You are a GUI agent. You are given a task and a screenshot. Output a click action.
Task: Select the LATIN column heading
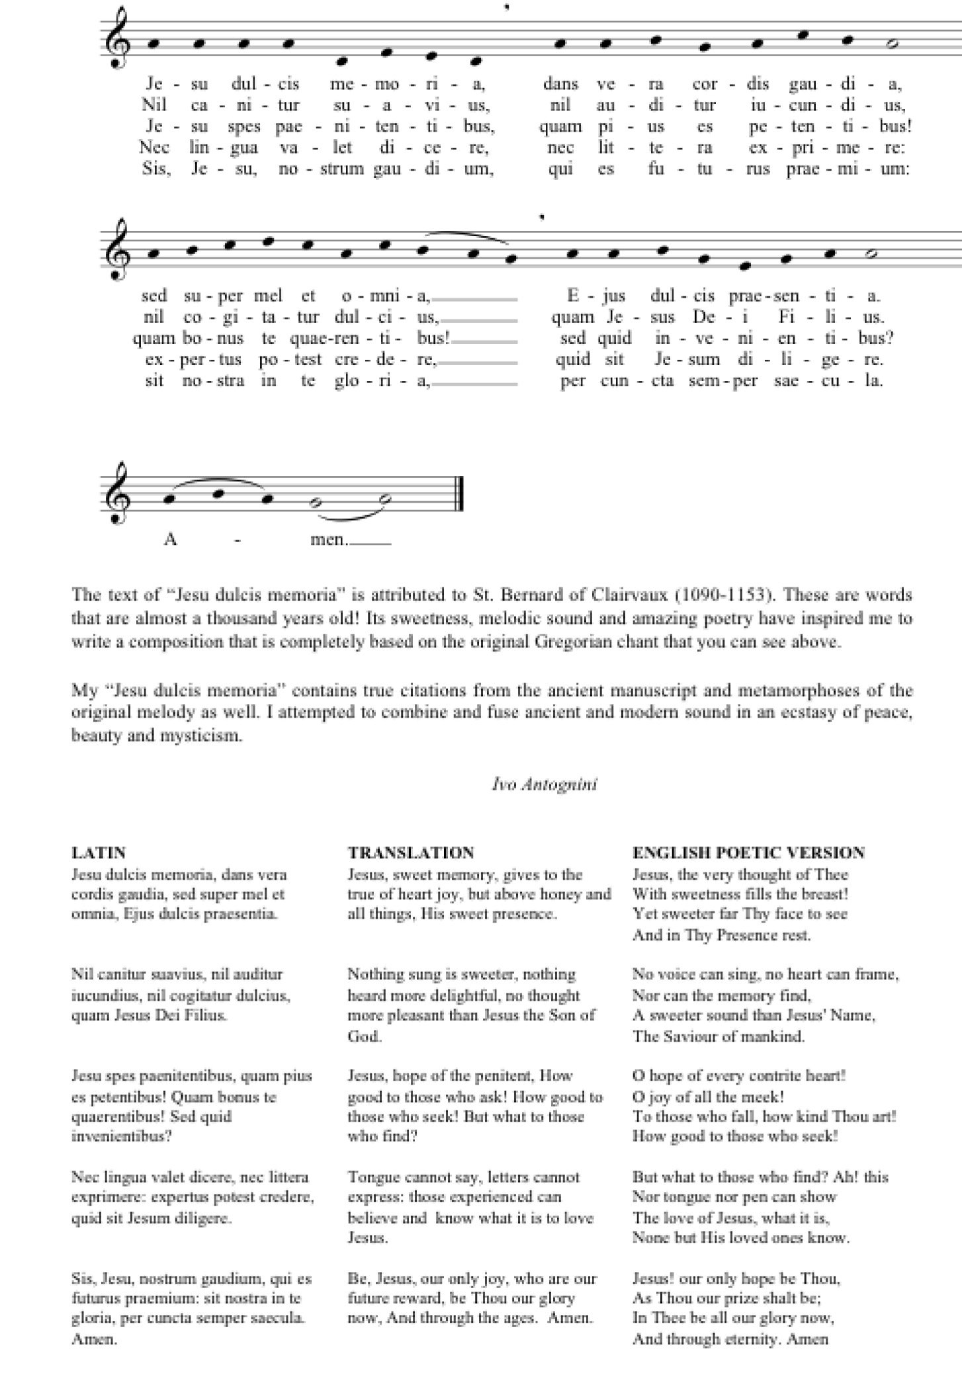coord(99,852)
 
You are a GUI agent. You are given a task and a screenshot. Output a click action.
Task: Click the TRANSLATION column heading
coord(410,852)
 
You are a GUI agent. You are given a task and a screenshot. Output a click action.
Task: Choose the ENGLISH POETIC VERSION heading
coord(748,852)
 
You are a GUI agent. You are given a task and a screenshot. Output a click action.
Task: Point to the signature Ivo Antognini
coord(545,784)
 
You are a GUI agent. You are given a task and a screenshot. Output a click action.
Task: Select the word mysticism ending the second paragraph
coord(200,735)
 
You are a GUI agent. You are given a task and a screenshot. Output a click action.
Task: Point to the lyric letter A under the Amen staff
coord(170,539)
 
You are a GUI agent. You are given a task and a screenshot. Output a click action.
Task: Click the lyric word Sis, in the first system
coord(156,169)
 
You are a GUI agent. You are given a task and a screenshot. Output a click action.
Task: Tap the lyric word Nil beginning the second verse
coord(153,105)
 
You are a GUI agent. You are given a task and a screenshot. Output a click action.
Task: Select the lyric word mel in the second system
coord(268,295)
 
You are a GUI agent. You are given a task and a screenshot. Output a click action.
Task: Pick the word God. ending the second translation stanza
coord(365,1036)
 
